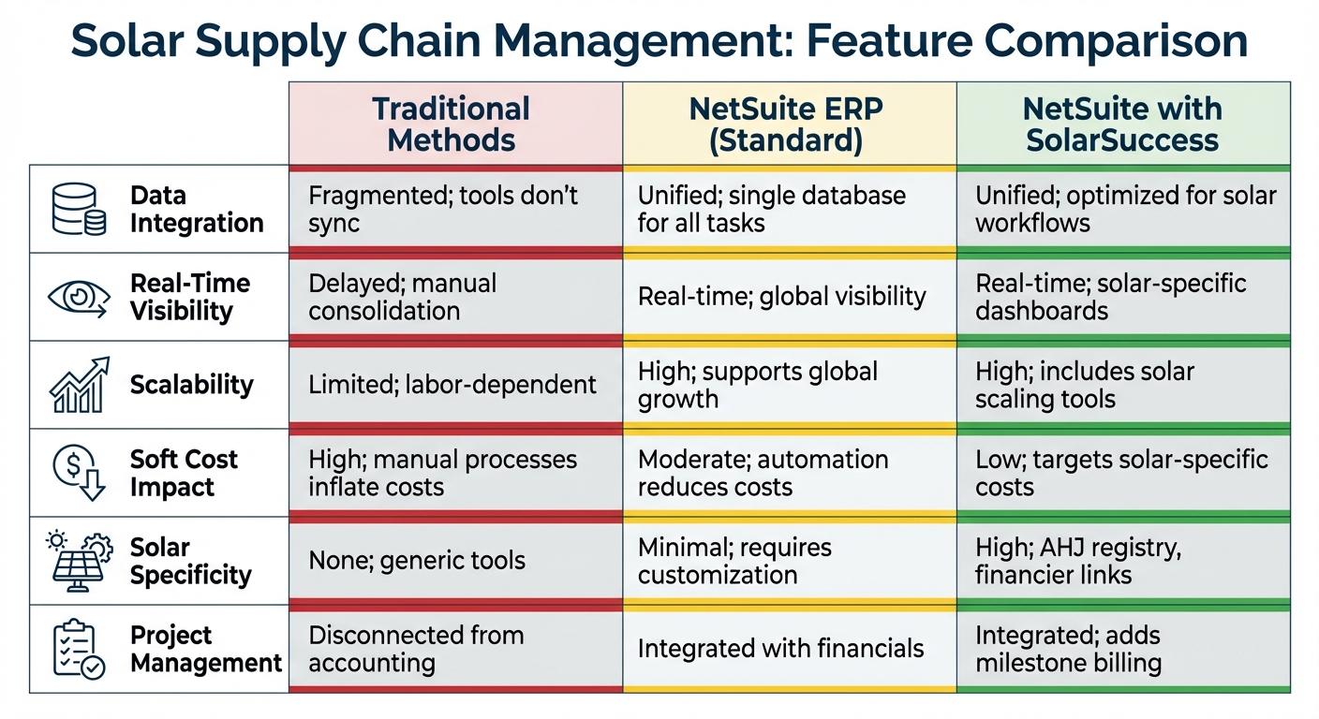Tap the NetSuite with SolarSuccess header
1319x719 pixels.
1122,124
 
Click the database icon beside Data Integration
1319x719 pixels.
78,209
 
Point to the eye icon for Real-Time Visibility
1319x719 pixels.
78,297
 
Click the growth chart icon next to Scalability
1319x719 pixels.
78,385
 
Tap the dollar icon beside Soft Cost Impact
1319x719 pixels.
78,473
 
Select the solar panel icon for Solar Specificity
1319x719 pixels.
78,560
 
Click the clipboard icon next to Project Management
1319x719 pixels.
78,649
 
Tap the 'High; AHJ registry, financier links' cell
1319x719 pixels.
1122,560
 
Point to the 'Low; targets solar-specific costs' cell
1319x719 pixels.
1122,473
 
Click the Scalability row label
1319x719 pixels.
191,385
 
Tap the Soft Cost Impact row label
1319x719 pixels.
184,473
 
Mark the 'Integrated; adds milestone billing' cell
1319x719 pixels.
1122,649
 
